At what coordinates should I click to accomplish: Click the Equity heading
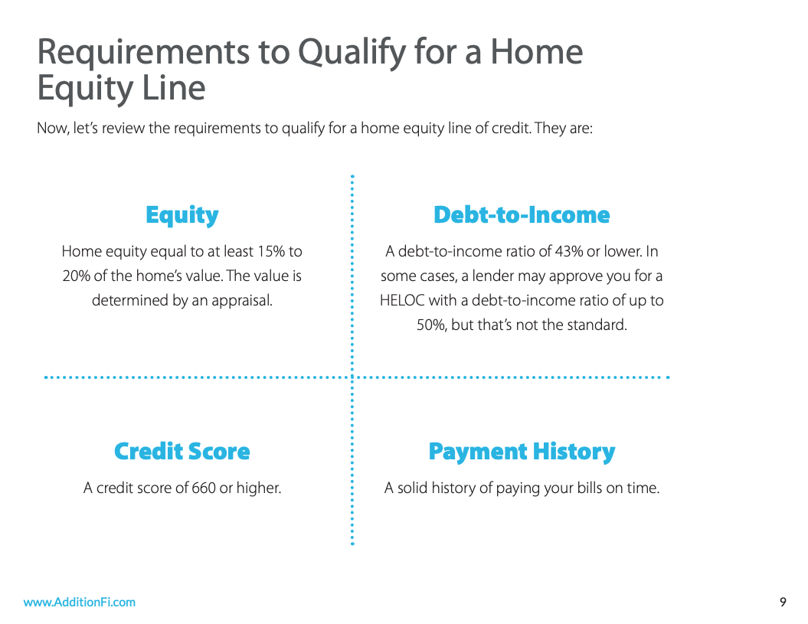tap(182, 215)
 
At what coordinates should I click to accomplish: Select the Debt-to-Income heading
tap(522, 215)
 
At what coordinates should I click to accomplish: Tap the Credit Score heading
tap(182, 451)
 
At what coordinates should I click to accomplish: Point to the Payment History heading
tap(522, 452)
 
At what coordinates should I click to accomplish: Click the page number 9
tap(783, 603)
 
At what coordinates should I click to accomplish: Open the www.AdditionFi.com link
tap(80, 603)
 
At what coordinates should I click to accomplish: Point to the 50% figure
tap(431, 325)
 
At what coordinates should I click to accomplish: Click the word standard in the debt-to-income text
tap(597, 325)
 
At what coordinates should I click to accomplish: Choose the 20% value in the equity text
tap(76, 276)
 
